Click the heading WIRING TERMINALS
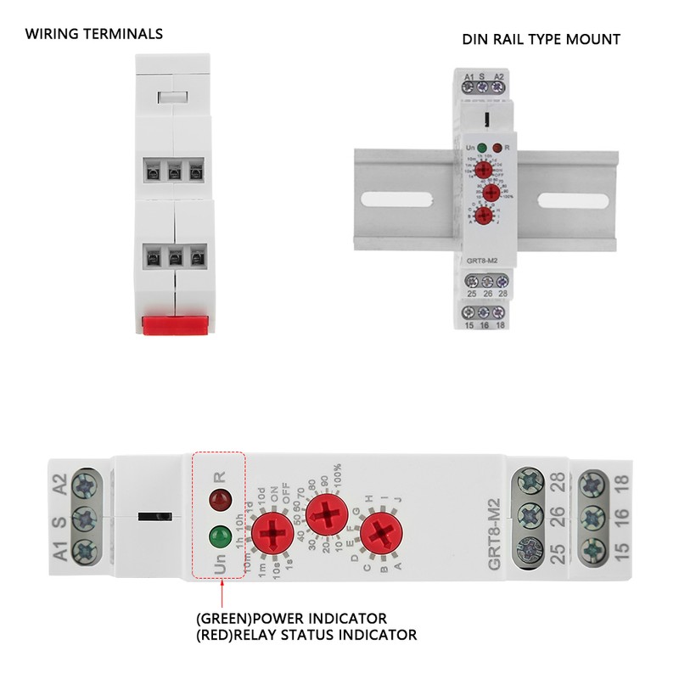tap(93, 35)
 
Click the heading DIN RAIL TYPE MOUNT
tap(541, 39)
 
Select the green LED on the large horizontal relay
tap(221, 536)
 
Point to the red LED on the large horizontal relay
tap(221, 497)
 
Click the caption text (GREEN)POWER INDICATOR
tap(291, 617)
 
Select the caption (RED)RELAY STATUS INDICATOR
tap(306, 635)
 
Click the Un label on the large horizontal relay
tap(221, 567)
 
